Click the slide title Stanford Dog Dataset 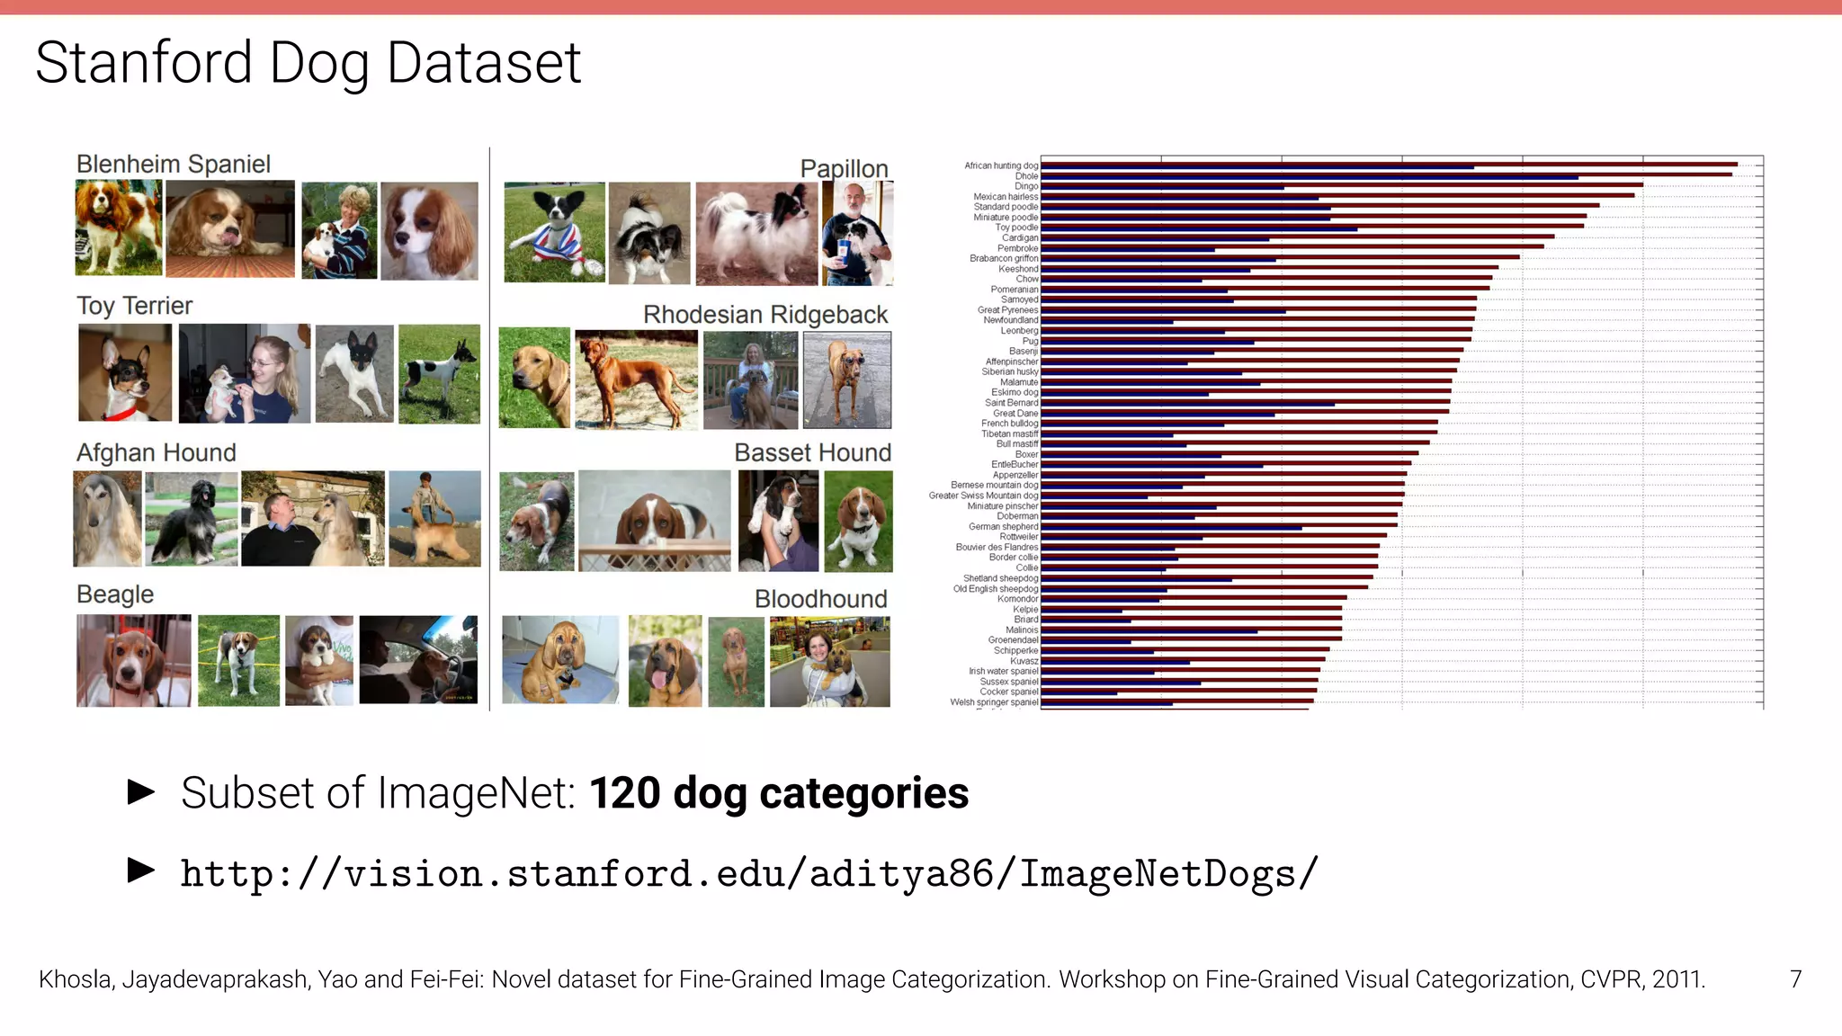tap(308, 63)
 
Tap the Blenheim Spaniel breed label tap(173, 164)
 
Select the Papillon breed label tap(844, 168)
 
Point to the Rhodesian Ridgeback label tap(765, 315)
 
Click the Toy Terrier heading tap(134, 306)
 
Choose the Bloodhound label tap(820, 599)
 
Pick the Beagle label tap(114, 594)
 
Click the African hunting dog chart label tap(1000, 165)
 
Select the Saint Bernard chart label tap(1011, 403)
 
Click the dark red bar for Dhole tap(1385, 174)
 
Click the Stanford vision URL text tap(748, 874)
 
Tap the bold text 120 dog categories tap(779, 793)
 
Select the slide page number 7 tap(1795, 979)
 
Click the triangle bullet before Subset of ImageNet tap(141, 792)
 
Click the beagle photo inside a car tap(418, 659)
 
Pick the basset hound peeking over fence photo tap(654, 521)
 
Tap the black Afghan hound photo tap(192, 519)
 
